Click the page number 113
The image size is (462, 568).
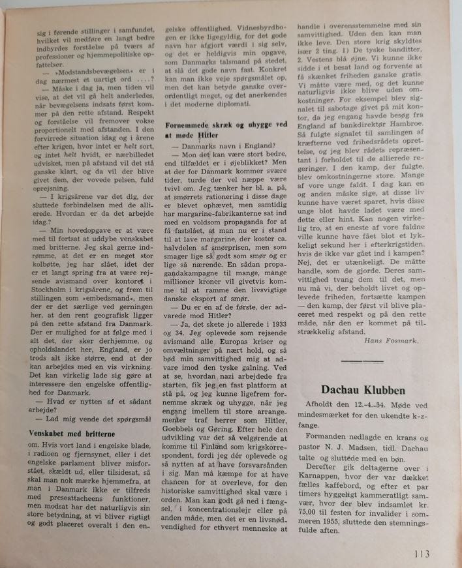click(422, 554)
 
